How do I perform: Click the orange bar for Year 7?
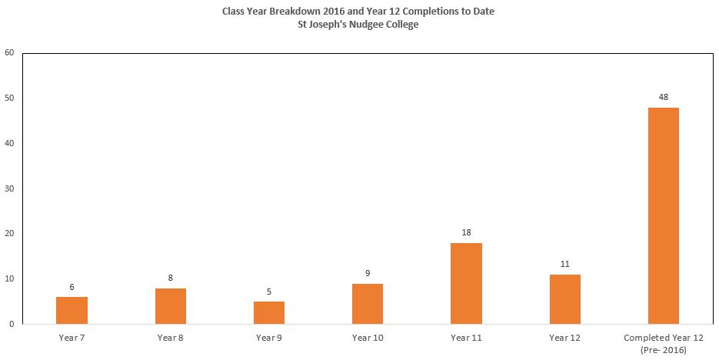[x=72, y=311]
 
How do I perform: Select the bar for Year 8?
[x=171, y=306]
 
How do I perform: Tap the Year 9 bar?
[x=268, y=313]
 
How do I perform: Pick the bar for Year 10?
[x=368, y=304]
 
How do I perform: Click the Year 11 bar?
[x=466, y=283]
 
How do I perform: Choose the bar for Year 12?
[x=565, y=299]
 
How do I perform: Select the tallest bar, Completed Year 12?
[x=663, y=216]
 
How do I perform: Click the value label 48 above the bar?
[x=663, y=97]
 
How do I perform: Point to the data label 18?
[x=466, y=232]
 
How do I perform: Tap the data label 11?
[x=565, y=264]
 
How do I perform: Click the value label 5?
[x=268, y=292]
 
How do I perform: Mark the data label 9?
[x=368, y=273]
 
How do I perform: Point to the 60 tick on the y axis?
[x=10, y=53]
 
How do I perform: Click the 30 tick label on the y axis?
[x=10, y=188]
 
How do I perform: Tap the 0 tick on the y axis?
[x=12, y=324]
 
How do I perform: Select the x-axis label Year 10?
[x=368, y=338]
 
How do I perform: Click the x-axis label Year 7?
[x=72, y=338]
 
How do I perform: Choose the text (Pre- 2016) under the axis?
[x=664, y=350]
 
